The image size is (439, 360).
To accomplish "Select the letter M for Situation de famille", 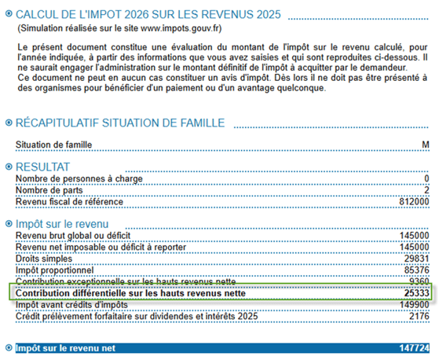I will coord(426,145).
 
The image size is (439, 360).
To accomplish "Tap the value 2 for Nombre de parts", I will coord(426,190).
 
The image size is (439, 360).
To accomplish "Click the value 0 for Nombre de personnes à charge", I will coord(426,179).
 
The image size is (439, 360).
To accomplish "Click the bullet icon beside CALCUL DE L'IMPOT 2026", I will coord(9,14).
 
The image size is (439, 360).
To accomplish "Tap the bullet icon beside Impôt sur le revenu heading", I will coord(9,224).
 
